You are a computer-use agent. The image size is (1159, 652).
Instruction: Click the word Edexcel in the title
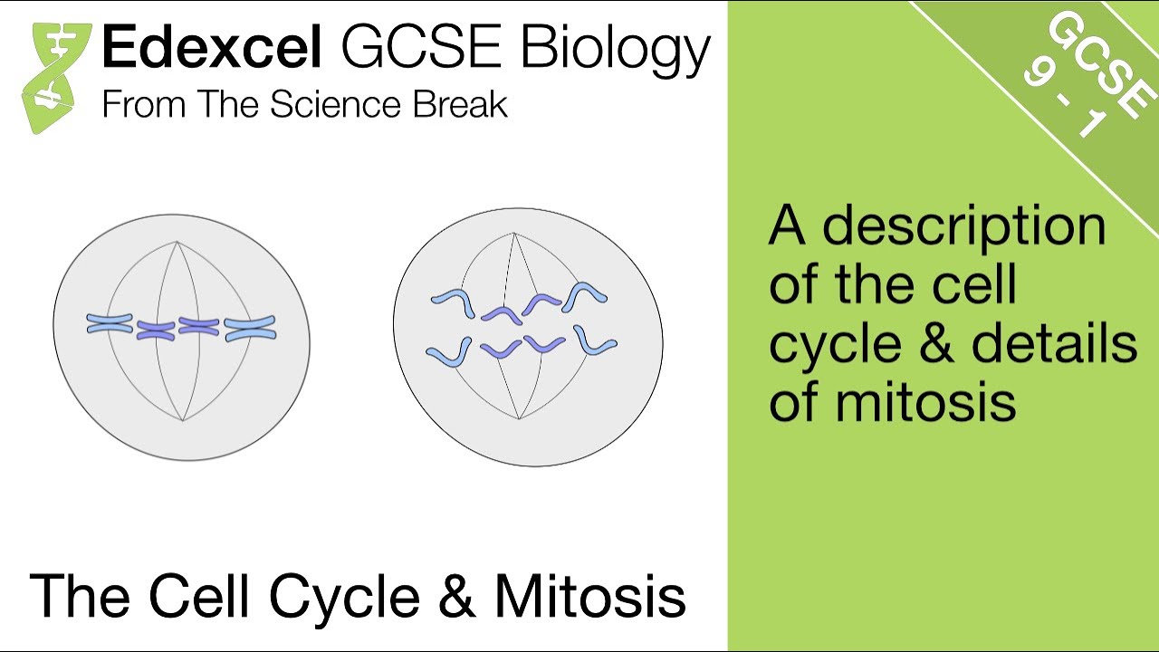(x=211, y=49)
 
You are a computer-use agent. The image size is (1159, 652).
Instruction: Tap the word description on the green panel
(x=964, y=226)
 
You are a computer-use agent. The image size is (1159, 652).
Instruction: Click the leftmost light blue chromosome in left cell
(x=110, y=323)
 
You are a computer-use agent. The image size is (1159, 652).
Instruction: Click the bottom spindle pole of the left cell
(x=183, y=420)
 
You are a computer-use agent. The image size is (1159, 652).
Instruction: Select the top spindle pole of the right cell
(x=513, y=234)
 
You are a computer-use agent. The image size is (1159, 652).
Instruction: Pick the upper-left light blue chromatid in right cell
(x=454, y=302)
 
